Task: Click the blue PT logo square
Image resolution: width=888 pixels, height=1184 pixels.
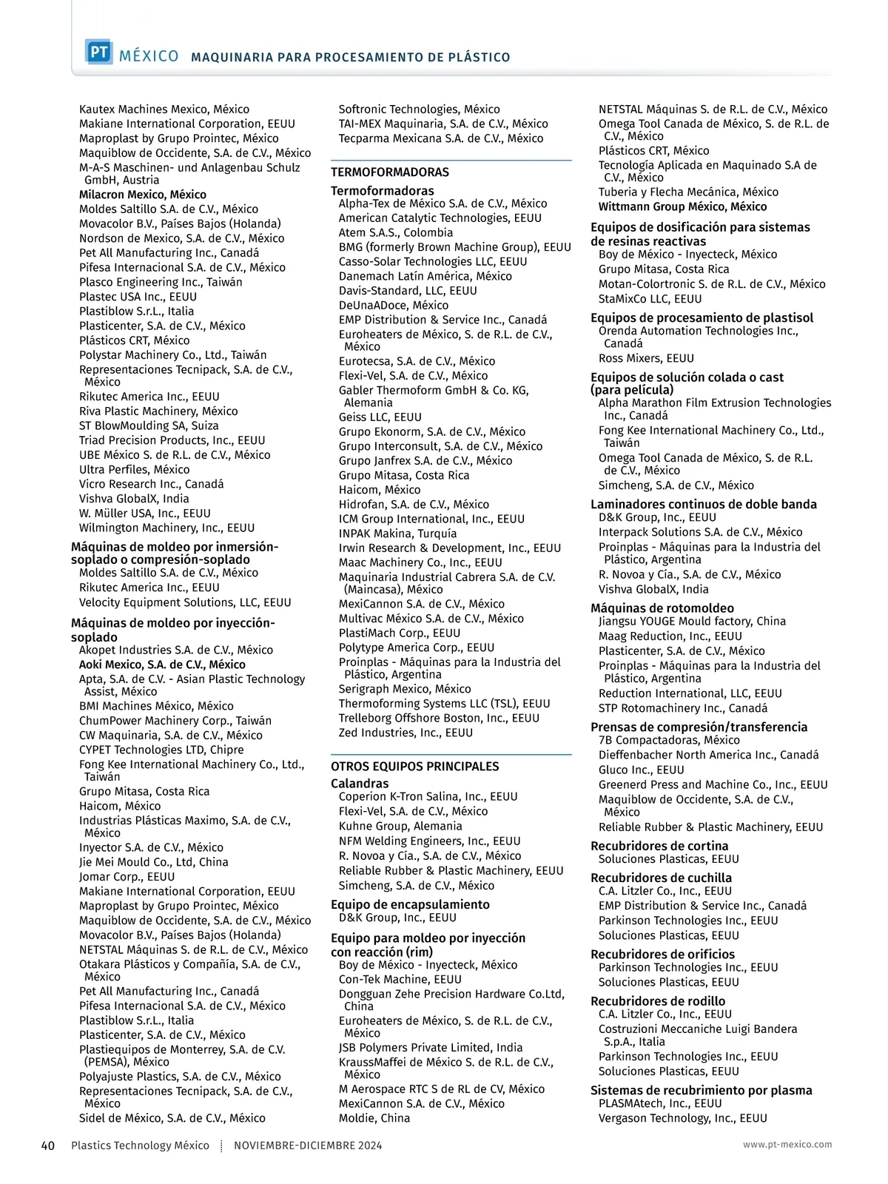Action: [98, 53]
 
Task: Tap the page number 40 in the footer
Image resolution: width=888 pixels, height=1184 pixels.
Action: [47, 1146]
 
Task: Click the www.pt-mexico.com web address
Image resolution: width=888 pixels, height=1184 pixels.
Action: [787, 1145]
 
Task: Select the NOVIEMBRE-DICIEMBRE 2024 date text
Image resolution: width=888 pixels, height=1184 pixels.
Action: [308, 1146]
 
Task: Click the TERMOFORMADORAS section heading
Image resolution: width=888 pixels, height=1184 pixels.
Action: [390, 172]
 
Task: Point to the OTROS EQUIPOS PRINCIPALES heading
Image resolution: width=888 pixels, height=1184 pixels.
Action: [415, 767]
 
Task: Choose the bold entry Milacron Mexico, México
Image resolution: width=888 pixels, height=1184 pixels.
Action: [143, 195]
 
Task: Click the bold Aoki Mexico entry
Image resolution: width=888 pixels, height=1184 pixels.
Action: [162, 665]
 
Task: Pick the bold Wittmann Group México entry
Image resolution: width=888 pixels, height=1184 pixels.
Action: [682, 207]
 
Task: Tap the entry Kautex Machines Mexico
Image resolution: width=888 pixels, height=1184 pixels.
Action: [164, 110]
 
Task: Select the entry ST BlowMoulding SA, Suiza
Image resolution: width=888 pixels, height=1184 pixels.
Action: [149, 425]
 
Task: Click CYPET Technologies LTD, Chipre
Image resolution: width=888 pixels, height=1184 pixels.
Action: [161, 750]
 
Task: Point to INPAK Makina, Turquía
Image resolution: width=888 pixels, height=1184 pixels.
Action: [397, 534]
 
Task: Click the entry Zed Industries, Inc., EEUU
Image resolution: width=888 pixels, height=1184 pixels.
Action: [406, 733]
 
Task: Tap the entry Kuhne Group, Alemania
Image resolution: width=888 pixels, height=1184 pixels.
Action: [400, 826]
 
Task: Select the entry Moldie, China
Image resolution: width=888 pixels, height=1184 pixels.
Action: [374, 1118]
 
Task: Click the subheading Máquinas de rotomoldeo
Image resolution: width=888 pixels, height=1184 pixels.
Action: [662, 608]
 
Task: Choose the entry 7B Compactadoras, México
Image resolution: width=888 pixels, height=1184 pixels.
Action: [669, 740]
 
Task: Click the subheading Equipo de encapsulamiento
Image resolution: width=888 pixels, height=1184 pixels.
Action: [410, 904]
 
